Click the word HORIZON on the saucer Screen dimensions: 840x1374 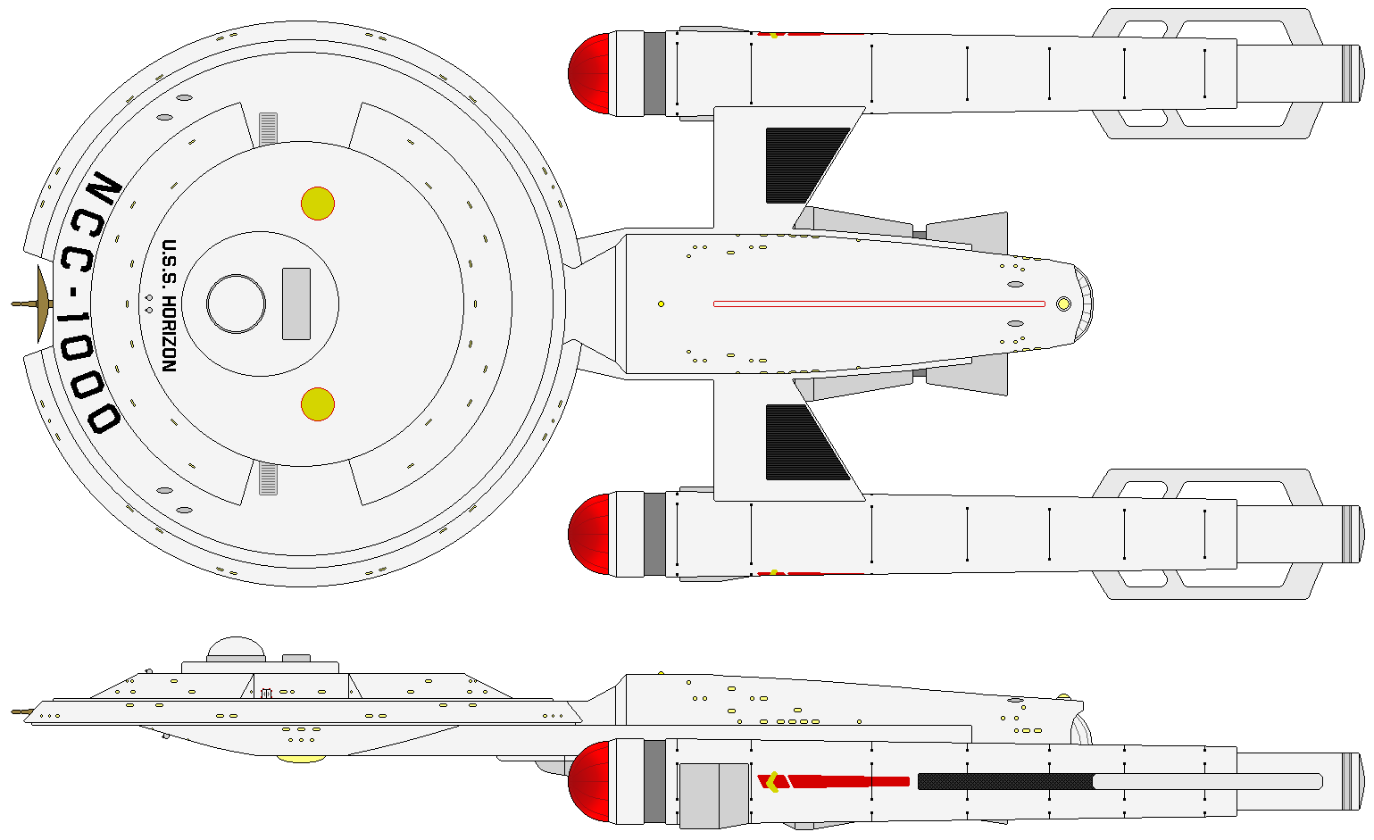[168, 332]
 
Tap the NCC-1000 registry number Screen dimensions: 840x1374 [87, 304]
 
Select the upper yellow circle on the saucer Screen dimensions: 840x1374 [318, 204]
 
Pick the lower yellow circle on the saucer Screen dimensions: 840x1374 [318, 404]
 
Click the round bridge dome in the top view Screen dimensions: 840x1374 [236, 304]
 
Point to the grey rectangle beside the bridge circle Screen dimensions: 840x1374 [296, 304]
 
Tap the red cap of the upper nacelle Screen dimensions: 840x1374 [590, 74]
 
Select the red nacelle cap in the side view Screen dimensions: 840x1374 [590, 781]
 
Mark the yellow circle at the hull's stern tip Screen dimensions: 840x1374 [1063, 304]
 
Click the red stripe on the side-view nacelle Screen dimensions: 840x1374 [848, 782]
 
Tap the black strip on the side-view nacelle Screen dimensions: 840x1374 [1004, 782]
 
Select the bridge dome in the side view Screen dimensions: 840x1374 [236, 649]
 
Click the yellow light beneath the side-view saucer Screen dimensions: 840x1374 [302, 759]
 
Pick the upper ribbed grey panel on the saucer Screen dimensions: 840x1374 [268, 128]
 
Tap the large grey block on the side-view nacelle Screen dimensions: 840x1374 [713, 794]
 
